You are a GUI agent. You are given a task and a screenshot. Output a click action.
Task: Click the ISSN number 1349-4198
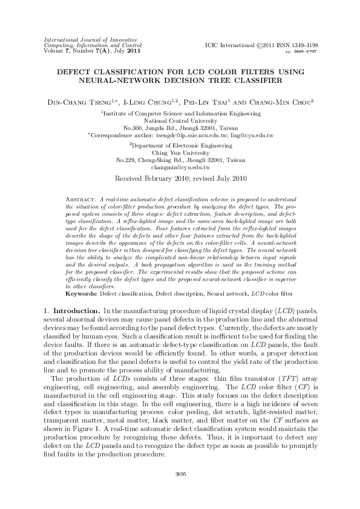point(304,45)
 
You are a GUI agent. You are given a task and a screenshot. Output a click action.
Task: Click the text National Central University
point(180,120)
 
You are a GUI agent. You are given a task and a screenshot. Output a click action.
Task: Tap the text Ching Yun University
point(180,152)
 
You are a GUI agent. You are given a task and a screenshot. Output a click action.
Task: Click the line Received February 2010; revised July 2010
point(180,179)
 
